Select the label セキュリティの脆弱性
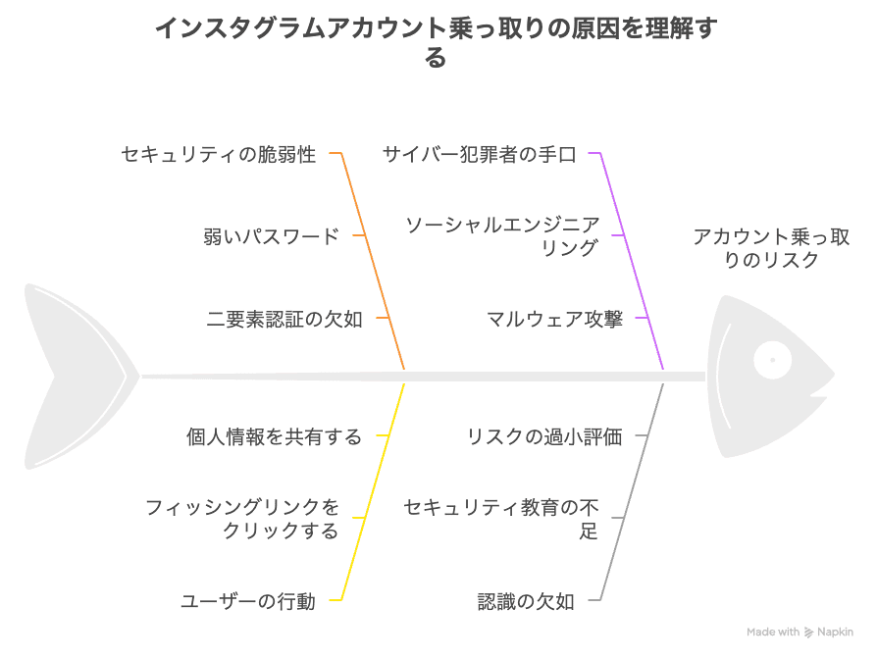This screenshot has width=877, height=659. pyautogui.click(x=219, y=154)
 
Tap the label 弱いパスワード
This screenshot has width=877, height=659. pyautogui.click(x=272, y=236)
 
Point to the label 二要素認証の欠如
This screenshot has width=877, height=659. pyautogui.click(x=284, y=319)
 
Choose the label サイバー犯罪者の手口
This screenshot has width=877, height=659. pyautogui.click(x=480, y=154)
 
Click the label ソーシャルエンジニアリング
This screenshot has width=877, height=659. pyautogui.click(x=502, y=236)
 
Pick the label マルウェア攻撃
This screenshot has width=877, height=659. pyautogui.click(x=555, y=319)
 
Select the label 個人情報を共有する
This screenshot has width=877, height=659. pyautogui.click(x=274, y=436)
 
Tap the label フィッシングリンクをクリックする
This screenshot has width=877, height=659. pyautogui.click(x=242, y=519)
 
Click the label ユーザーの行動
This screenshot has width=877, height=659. pyautogui.click(x=248, y=601)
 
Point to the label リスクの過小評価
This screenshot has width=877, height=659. pyautogui.click(x=544, y=436)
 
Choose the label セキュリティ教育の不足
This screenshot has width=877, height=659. pyautogui.click(x=501, y=519)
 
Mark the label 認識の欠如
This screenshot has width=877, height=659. pyautogui.click(x=526, y=601)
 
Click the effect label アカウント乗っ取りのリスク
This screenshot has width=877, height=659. pyautogui.click(x=771, y=248)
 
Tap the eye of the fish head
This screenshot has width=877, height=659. pyautogui.click(x=772, y=359)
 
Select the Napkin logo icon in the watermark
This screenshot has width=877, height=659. pyautogui.click(x=808, y=633)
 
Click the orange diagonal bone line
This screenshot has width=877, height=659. pyautogui.click(x=373, y=261)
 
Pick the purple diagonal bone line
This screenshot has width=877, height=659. pyautogui.click(x=633, y=261)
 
